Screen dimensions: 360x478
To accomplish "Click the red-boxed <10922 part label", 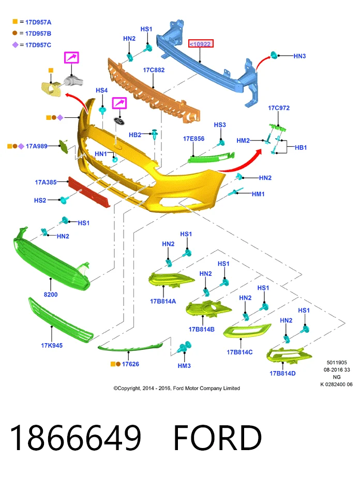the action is (x=201, y=44).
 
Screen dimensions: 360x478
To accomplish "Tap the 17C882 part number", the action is (x=154, y=70).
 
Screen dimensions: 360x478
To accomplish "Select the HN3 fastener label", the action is (x=299, y=56).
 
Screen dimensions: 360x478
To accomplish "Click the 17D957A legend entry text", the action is (x=38, y=22).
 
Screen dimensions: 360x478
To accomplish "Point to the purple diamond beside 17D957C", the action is (x=15, y=45).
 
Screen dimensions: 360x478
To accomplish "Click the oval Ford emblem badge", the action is (x=119, y=120).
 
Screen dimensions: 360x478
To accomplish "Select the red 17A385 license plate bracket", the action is (x=89, y=192).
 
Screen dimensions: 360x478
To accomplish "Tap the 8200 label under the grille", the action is (x=51, y=295).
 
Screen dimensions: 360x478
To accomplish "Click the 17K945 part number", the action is (x=52, y=345).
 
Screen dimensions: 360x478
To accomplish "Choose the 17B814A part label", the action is (x=163, y=301).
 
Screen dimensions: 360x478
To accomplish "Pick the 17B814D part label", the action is (x=282, y=374).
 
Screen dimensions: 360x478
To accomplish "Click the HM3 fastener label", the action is (x=184, y=366).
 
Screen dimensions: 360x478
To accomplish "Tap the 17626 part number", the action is (x=130, y=364).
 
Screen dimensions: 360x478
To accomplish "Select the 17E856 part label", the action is (x=194, y=138).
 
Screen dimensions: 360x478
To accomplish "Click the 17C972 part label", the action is (x=279, y=108).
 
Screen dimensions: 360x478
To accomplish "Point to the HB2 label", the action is (x=135, y=135).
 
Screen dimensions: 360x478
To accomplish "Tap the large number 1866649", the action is (x=76, y=438).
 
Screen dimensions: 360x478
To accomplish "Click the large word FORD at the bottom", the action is (x=218, y=438).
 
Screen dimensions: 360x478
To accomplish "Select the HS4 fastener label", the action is (x=101, y=90).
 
